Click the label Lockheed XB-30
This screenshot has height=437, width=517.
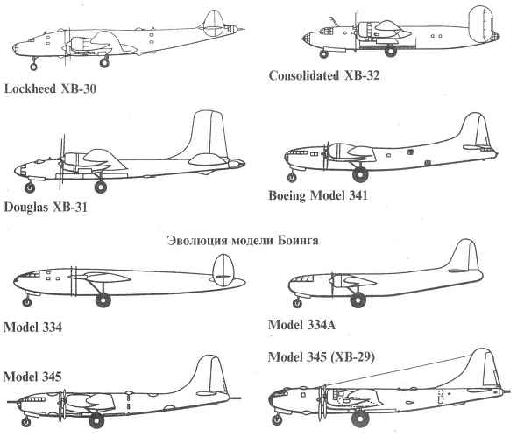click(50, 89)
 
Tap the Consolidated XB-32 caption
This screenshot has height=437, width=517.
click(324, 75)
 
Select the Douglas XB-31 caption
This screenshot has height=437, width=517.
click(46, 208)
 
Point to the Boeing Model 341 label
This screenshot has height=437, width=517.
click(318, 195)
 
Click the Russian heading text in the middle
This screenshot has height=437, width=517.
click(243, 241)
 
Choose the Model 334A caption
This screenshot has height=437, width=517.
click(301, 325)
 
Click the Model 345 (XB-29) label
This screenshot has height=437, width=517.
click(321, 357)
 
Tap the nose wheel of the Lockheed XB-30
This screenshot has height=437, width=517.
click(33, 67)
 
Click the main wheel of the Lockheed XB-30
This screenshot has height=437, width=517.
click(104, 62)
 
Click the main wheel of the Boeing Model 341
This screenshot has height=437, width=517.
click(360, 174)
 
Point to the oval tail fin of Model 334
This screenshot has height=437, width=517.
click(223, 270)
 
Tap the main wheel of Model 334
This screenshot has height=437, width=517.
click(103, 300)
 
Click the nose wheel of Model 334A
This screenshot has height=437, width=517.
click(297, 303)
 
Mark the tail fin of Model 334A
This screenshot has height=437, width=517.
click(465, 257)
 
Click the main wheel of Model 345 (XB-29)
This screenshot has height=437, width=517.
click(360, 419)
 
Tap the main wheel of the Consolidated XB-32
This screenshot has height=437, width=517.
click(391, 51)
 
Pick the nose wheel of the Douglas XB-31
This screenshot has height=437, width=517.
click(30, 188)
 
